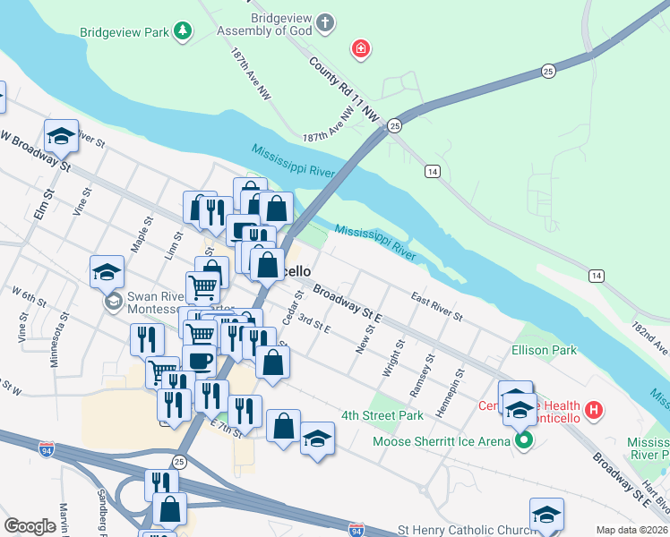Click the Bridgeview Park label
pyautogui.click(x=125, y=33)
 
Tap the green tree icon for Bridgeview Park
pyautogui.click(x=183, y=32)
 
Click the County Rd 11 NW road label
pyautogui.click(x=344, y=90)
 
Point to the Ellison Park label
pyautogui.click(x=544, y=351)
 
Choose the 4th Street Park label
pyautogui.click(x=382, y=416)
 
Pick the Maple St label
pyautogui.click(x=138, y=238)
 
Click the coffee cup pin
pyautogui.click(x=199, y=361)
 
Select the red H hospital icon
pyautogui.click(x=592, y=412)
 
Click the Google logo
pyautogui.click(x=30, y=526)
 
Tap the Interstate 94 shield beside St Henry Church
pyautogui.click(x=356, y=531)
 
